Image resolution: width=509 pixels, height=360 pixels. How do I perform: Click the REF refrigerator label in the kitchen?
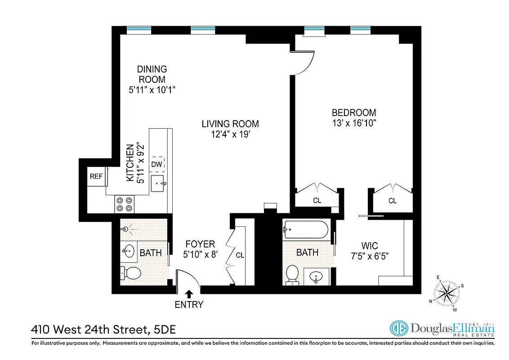(96, 176)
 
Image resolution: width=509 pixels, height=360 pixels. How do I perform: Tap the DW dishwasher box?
(156, 165)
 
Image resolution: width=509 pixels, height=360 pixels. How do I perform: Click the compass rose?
(446, 293)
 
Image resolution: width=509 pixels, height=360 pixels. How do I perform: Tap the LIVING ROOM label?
(230, 124)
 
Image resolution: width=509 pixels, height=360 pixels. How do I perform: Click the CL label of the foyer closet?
(240, 255)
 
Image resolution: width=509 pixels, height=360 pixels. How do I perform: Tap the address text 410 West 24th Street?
(90, 330)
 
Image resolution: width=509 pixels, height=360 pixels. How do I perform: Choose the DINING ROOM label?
(152, 74)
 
